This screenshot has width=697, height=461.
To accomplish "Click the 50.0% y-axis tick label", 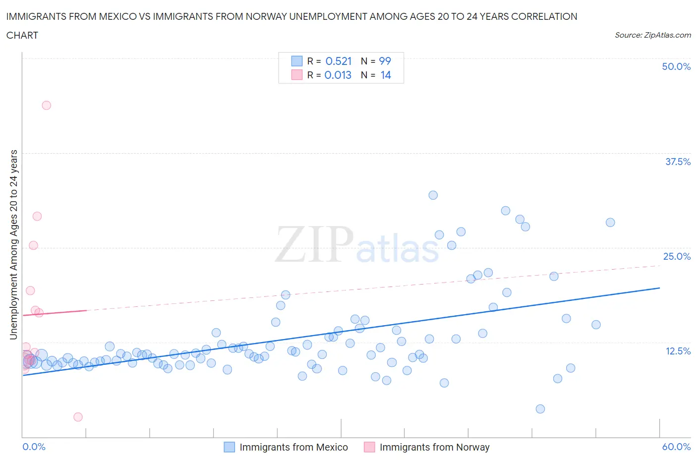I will pos(676,66).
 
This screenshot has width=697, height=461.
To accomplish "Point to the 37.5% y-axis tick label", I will pos(678,162).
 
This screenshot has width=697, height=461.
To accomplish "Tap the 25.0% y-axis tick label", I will pos(677,256).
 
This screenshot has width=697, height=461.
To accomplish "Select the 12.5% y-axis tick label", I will pos(678,351).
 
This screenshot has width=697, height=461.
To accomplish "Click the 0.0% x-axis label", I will pos(34,447).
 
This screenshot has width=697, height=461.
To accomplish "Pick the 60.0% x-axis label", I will pos(676,447).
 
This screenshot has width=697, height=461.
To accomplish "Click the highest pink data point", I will pos(47,105).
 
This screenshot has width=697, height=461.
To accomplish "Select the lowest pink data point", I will pos(78,417).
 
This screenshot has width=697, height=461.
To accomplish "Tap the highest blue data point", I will pos(433,195).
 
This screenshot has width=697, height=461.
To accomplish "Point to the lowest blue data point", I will pos(540,409).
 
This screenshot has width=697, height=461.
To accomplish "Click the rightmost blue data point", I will pos(610,223).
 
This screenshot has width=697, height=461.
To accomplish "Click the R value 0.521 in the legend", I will pos(338,61).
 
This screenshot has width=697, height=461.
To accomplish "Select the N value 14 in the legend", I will pos(386,75).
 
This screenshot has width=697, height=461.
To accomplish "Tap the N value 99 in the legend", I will pos(385,61).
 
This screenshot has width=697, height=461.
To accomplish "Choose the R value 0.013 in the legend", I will pos(338,75).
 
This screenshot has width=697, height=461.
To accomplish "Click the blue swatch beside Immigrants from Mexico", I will pos(229,447).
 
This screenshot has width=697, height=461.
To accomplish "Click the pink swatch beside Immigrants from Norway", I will pos(369,447).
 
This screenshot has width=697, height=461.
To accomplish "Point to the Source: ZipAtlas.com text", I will pos(652,35).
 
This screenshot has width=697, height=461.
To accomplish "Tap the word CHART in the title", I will pos(22,35).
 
